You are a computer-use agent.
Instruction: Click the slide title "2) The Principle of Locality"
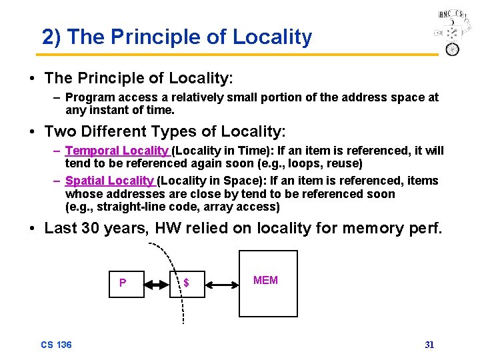point(177,37)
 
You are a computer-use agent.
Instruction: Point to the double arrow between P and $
point(157,284)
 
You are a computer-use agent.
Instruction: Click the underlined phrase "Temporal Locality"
point(117,151)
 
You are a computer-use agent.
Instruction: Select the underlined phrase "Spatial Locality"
point(109,181)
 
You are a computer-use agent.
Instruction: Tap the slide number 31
point(429,345)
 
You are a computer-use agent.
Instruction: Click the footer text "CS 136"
point(56,345)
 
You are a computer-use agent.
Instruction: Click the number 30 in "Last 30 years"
point(92,229)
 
